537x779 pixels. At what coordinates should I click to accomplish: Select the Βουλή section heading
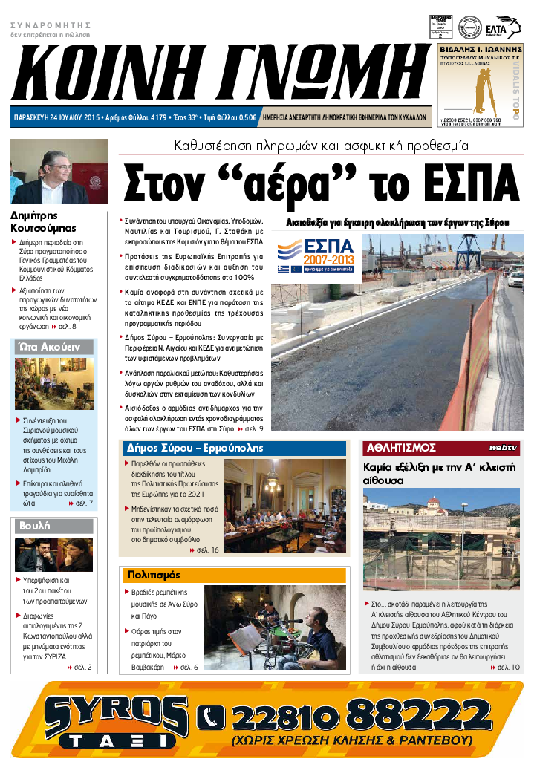point(35,525)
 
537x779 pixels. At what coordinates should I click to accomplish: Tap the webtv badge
point(502,448)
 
